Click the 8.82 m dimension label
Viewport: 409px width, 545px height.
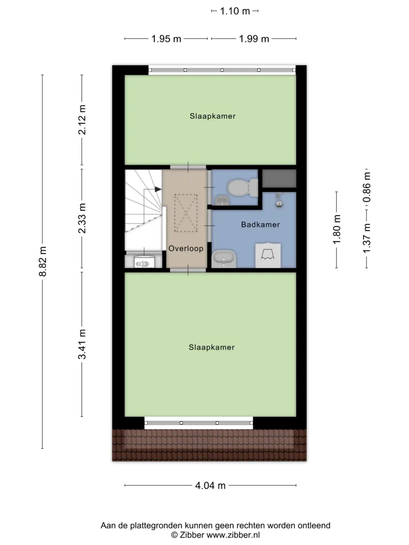point(42,262)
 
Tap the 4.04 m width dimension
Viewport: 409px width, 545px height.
point(210,486)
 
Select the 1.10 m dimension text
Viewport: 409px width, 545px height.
point(235,11)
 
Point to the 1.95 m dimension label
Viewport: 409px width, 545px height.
point(166,38)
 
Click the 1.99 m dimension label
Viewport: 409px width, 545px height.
point(254,38)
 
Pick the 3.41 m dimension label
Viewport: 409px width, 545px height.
point(82,344)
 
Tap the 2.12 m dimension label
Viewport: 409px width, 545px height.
point(82,120)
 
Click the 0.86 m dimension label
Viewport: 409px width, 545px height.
point(367,188)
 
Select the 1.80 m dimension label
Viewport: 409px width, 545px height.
point(337,230)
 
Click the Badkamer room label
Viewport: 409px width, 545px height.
point(261,225)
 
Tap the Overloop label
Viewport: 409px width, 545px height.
point(186,249)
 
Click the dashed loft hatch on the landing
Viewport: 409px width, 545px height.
point(186,213)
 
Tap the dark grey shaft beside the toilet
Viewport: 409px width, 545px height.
point(279,178)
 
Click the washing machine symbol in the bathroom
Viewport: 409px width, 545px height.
point(268,255)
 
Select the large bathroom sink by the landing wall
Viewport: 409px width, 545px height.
point(224,259)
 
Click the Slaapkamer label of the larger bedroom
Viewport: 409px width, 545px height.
point(211,347)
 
